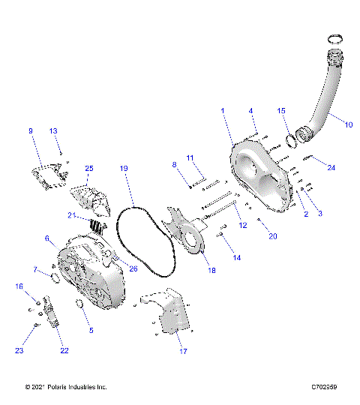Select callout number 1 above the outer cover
222,110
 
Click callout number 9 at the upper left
31,131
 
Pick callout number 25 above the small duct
88,168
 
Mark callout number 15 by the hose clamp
282,110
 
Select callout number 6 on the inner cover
47,238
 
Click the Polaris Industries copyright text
66,387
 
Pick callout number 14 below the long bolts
238,257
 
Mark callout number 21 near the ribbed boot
72,215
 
